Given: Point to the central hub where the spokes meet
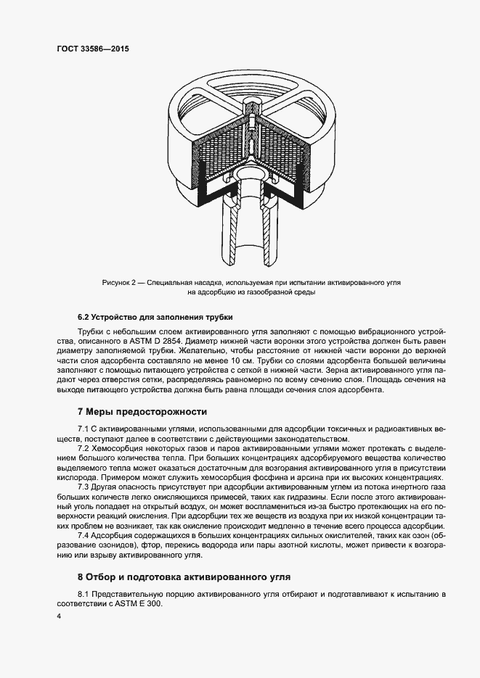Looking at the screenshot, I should point(251,116).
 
